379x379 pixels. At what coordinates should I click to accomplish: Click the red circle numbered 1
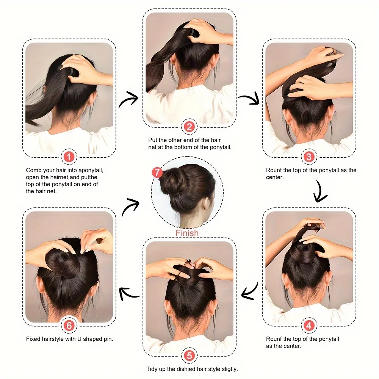tap(69, 156)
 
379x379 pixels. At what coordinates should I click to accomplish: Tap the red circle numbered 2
tap(189, 127)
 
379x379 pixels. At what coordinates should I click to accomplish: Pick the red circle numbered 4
tap(309, 325)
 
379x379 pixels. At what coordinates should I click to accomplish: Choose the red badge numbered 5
tap(189, 356)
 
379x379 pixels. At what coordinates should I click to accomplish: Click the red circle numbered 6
tap(69, 325)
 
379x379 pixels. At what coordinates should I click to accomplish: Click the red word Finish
tap(187, 233)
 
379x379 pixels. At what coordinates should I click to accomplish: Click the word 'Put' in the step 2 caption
tap(153, 140)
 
